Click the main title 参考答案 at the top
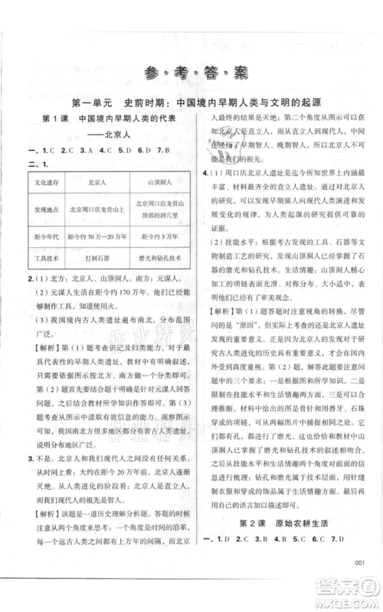pos(191,73)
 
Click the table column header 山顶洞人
pos(161,184)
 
